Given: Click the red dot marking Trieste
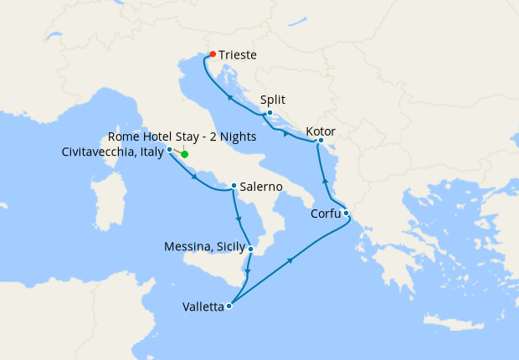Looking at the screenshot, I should (x=212, y=54).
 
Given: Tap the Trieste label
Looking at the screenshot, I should (x=237, y=55).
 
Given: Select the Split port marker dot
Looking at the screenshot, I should (x=270, y=112).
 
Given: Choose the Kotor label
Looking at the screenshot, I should (x=322, y=131).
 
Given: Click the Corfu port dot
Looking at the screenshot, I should (x=346, y=213).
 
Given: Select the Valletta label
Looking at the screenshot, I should (x=203, y=307).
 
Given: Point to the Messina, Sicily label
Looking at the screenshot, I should (x=205, y=247).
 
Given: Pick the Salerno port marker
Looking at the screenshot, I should (x=234, y=186).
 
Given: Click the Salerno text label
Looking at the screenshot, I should (x=260, y=187).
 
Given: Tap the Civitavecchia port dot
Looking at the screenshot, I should (x=170, y=149).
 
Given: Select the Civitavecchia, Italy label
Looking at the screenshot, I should (x=114, y=152).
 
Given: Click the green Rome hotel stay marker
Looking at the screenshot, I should (x=184, y=154).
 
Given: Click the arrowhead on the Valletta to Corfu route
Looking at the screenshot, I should (x=290, y=261).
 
